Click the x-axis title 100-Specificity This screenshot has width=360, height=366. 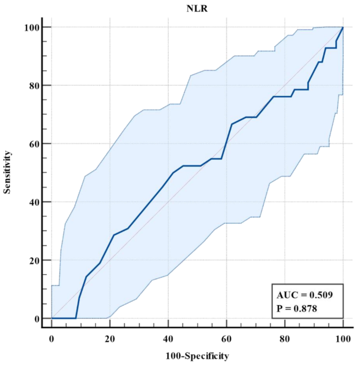click(197, 356)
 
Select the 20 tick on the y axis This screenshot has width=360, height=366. click(32, 260)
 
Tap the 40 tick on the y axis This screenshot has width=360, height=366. click(32, 202)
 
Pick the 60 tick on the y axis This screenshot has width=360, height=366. click(32, 144)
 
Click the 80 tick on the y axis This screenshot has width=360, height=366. click(32, 85)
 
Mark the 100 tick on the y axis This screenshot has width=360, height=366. click(30, 27)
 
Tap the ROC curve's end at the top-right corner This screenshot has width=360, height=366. click(343, 27)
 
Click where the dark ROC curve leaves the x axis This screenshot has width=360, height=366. click(76, 318)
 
